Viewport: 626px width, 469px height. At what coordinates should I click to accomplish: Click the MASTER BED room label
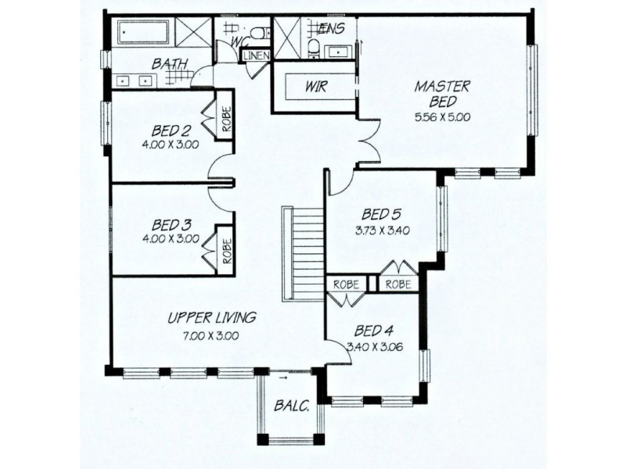[442, 94]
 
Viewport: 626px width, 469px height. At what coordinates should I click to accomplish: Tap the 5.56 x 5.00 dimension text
[442, 118]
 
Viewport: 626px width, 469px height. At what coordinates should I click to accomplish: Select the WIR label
[317, 87]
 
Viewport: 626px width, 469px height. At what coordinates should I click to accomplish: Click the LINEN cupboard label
[257, 56]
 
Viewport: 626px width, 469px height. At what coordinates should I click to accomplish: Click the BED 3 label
[169, 224]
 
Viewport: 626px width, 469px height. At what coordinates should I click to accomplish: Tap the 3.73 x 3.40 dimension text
[382, 230]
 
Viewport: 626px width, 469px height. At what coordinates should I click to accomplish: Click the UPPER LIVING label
[212, 317]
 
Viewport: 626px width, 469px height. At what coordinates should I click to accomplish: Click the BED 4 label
[375, 330]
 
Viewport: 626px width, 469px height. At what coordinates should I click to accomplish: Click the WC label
[240, 38]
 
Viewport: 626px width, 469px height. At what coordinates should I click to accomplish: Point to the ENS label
[333, 28]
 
